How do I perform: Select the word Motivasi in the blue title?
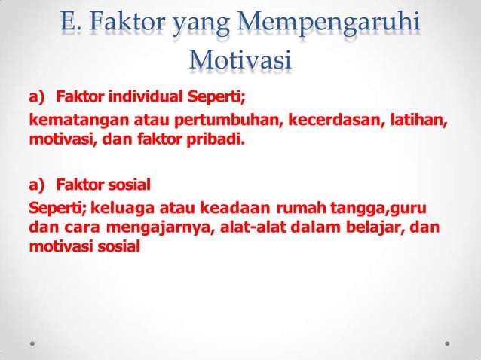(240, 59)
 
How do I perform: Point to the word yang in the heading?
(197, 25)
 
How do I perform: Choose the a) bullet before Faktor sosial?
(38, 183)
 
